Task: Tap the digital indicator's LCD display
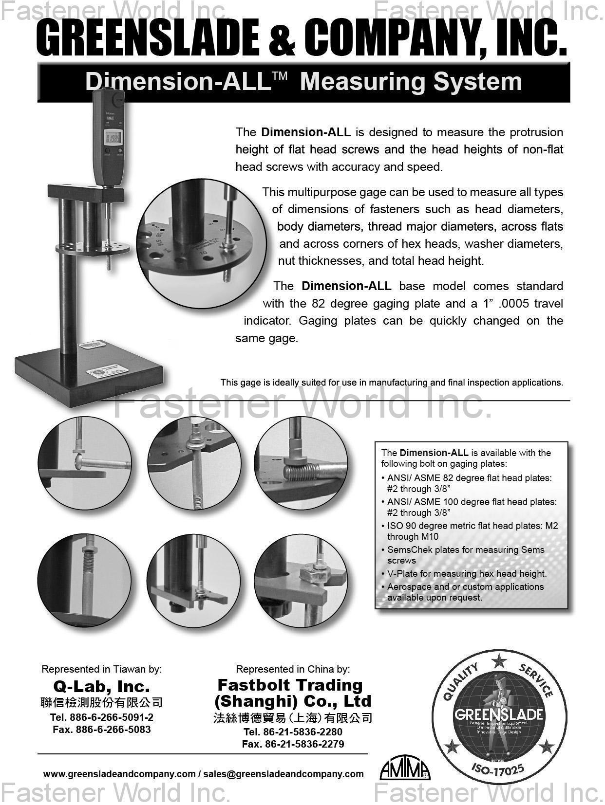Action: click(113, 139)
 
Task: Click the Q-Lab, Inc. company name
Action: click(101, 686)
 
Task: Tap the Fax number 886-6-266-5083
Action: click(102, 730)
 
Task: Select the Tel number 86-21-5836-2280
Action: click(293, 732)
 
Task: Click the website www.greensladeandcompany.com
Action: click(119, 774)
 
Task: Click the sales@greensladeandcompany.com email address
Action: click(284, 774)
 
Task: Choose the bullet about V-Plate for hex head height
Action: click(467, 574)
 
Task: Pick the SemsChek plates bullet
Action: click(465, 555)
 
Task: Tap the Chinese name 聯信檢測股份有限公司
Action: click(101, 702)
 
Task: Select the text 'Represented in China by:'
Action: click(293, 669)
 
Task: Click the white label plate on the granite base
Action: click(107, 371)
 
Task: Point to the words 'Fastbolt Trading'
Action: click(290, 685)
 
